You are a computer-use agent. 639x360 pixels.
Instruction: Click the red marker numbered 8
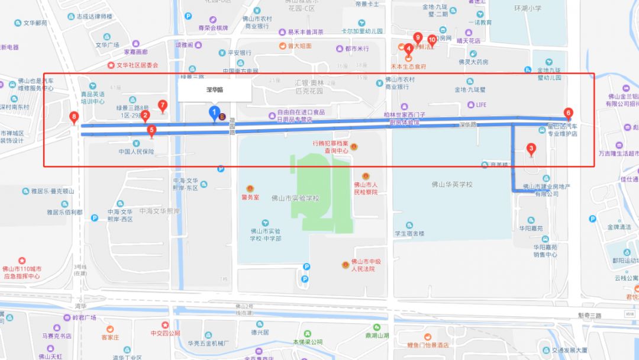pos(73,117)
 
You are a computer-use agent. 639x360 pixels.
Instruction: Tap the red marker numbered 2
pos(146,117)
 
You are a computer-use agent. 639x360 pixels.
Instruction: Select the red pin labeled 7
pos(163,105)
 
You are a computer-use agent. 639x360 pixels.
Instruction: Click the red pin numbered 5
pos(151,131)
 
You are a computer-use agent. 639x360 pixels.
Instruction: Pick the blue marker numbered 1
pos(214,112)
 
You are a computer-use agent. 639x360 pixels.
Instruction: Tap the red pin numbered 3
pos(531,149)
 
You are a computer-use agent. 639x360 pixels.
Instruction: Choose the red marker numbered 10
pos(432,40)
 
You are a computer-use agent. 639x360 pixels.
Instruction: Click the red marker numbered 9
pos(418,37)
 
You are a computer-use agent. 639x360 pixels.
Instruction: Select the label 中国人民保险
pos(135,152)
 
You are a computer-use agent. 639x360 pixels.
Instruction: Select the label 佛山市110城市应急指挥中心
pos(22,272)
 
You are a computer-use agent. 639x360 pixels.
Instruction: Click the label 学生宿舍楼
pos(409,233)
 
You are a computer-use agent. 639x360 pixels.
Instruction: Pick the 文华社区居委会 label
pos(137,65)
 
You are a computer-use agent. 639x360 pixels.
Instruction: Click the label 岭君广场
pos(84,318)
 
